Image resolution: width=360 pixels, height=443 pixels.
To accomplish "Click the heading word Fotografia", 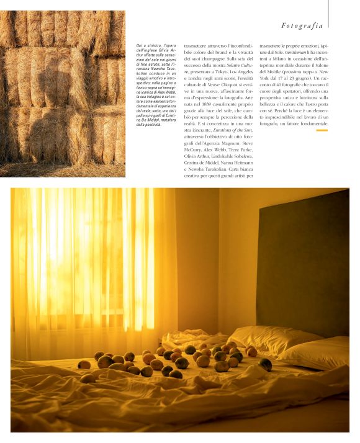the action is click(302, 25).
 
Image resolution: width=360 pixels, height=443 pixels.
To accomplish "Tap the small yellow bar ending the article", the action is click(322, 130).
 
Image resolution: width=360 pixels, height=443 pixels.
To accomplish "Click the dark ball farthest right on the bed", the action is click(266, 364).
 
